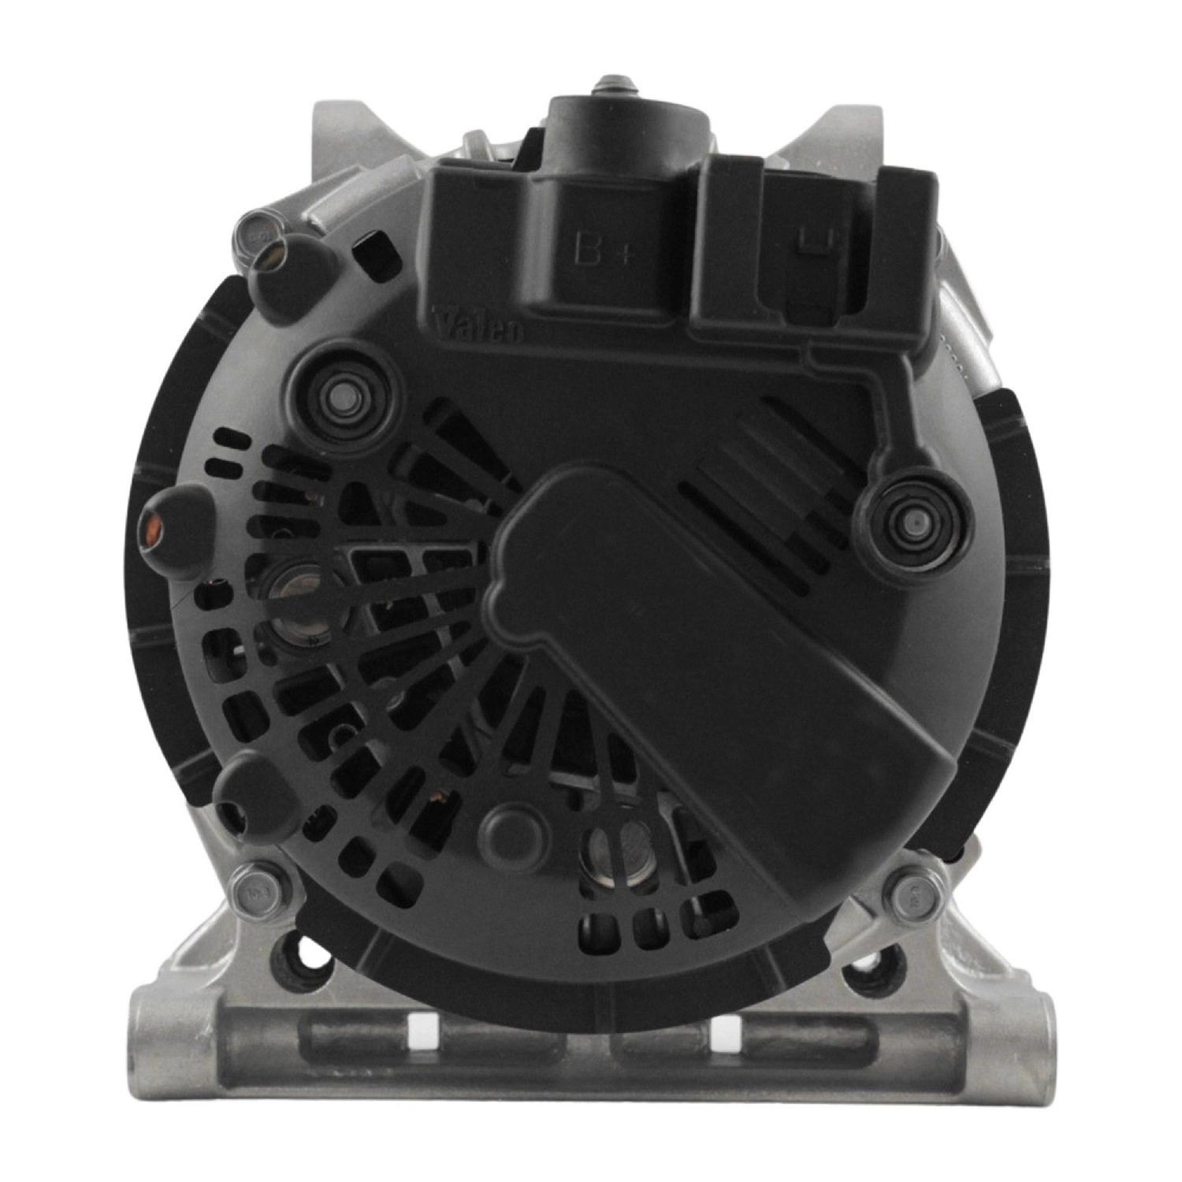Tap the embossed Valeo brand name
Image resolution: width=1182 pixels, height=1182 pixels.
[x=478, y=324]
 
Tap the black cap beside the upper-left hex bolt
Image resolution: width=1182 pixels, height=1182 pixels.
[x=288, y=266]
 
